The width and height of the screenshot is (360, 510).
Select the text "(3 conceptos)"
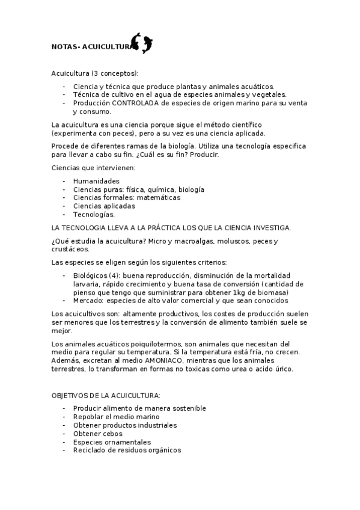(x=114, y=73)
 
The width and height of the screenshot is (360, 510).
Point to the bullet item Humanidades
(x=96, y=181)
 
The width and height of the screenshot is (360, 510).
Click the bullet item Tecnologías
(x=94, y=214)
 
